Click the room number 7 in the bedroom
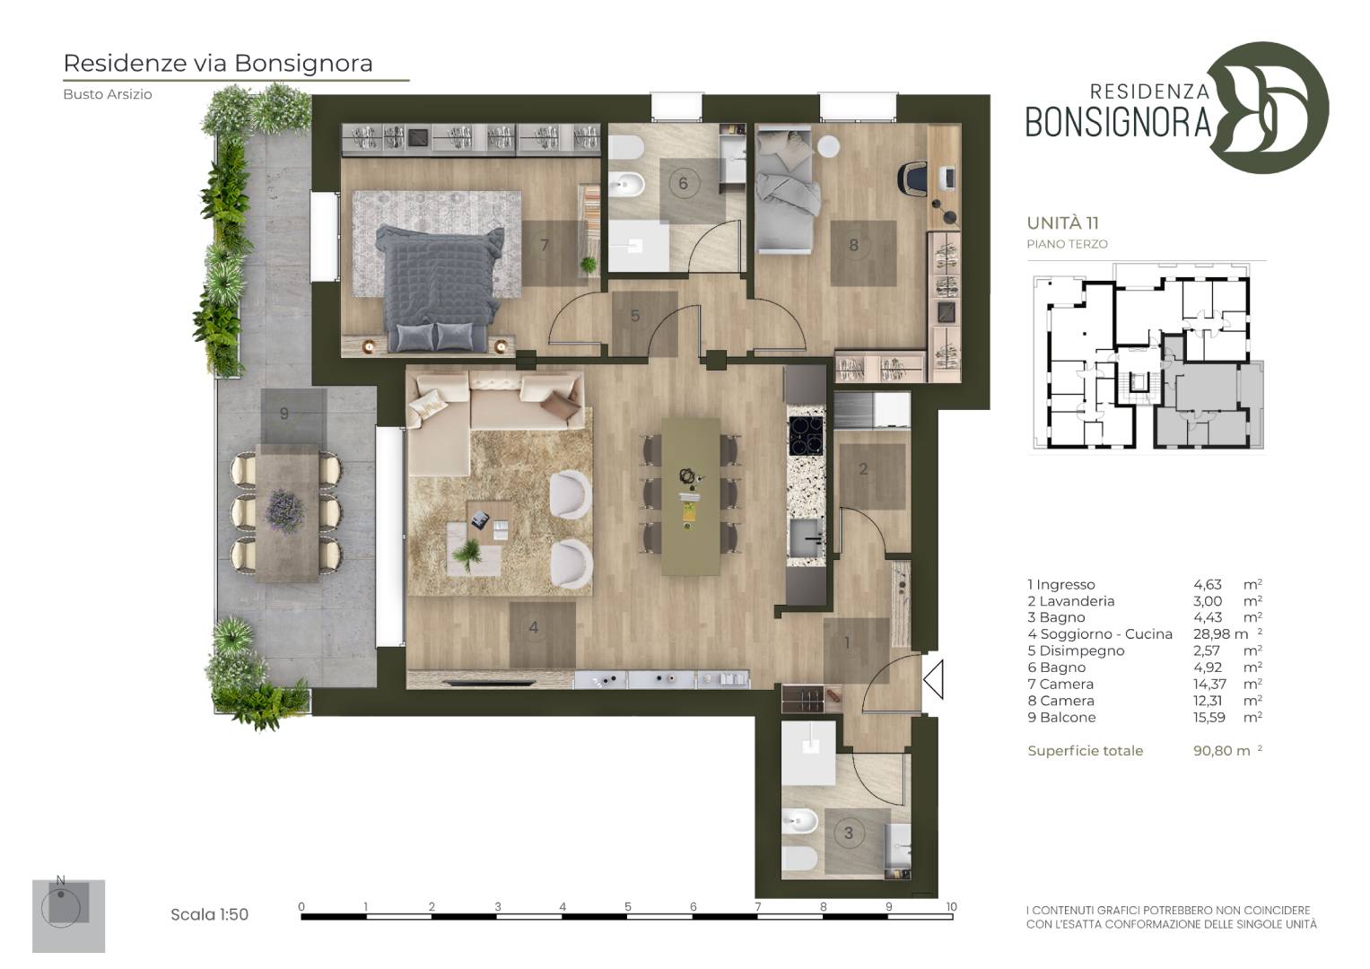(x=545, y=245)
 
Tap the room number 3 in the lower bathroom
(x=849, y=833)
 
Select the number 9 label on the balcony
(x=284, y=414)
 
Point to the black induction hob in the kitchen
(x=806, y=436)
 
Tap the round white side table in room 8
(x=829, y=147)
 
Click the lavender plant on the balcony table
(x=284, y=511)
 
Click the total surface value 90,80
(x=1213, y=751)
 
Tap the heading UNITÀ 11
(x=1063, y=223)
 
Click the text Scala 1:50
(x=209, y=914)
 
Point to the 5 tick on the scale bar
(x=627, y=906)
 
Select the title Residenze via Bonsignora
(x=218, y=63)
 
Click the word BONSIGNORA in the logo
(x=1118, y=122)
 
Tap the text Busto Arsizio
(x=108, y=94)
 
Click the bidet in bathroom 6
(x=627, y=183)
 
